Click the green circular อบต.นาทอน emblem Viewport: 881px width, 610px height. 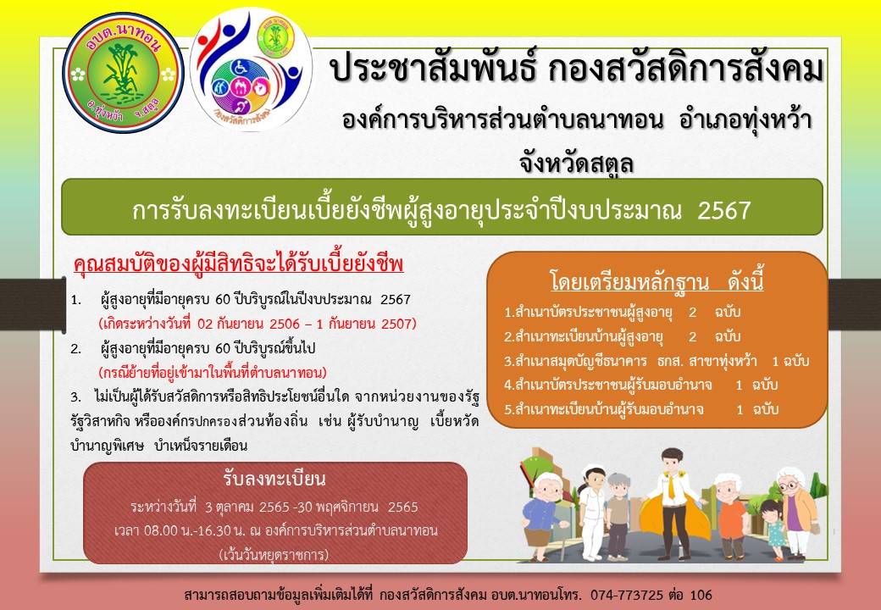[x=123, y=73]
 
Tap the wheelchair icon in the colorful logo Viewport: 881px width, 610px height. [x=240, y=69]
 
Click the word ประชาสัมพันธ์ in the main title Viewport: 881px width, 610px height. [x=430, y=69]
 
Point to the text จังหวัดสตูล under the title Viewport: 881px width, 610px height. [x=577, y=163]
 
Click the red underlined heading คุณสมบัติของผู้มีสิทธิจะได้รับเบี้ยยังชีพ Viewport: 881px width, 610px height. [x=238, y=264]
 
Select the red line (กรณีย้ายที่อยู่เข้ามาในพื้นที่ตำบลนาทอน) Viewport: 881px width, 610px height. [x=213, y=373]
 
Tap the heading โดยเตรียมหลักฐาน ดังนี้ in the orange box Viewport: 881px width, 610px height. [x=657, y=281]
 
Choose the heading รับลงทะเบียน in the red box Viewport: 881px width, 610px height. [x=274, y=479]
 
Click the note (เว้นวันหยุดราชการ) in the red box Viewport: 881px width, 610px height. [x=274, y=555]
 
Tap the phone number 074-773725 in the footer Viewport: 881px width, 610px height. [x=627, y=595]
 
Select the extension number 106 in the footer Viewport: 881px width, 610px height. [x=701, y=595]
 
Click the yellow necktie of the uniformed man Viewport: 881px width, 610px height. [x=671, y=486]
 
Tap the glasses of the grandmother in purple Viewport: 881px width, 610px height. [x=790, y=485]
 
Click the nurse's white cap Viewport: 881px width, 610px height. [x=591, y=470]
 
